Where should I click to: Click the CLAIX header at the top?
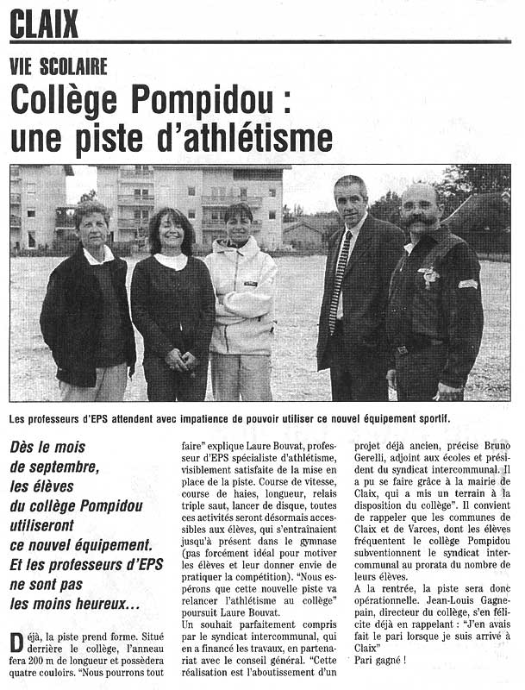[x=44, y=23]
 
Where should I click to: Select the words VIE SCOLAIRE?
[x=59, y=66]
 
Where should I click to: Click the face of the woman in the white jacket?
[x=239, y=227]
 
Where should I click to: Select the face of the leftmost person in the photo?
[x=91, y=227]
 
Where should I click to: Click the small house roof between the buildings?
[x=303, y=227]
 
